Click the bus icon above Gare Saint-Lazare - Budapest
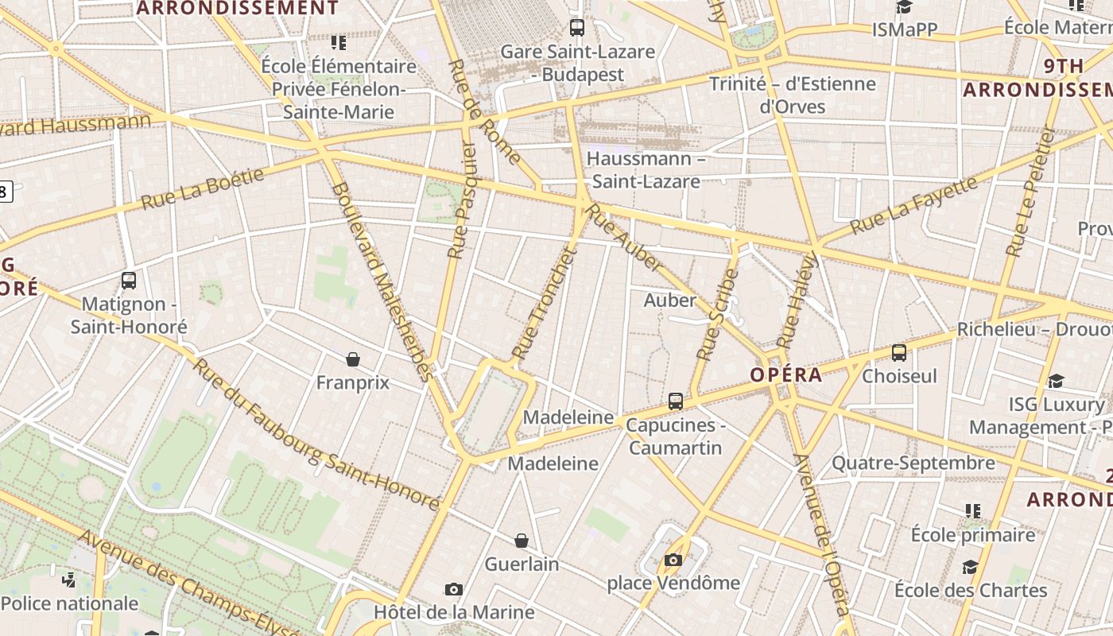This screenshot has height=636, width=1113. point(577,28)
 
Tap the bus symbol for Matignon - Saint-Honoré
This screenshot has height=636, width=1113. point(129,280)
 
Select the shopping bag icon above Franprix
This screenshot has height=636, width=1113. point(353,359)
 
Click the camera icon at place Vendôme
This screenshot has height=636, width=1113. point(673,560)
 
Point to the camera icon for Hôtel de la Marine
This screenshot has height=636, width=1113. point(454,589)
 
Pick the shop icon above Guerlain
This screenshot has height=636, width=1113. point(522,541)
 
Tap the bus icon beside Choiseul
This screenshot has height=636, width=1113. point(899,353)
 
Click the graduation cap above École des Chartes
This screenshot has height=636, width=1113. point(970,567)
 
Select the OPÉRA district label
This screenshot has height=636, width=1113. point(786,374)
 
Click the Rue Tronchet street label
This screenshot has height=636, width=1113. point(544,304)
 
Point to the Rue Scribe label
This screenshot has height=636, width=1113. point(718,314)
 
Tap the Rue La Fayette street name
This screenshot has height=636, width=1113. point(913,206)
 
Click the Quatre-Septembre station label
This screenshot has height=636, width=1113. point(913,463)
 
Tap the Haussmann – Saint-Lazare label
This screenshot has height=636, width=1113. point(646,169)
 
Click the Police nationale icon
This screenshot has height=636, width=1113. point(69,580)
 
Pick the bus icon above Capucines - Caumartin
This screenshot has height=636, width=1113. point(676,401)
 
